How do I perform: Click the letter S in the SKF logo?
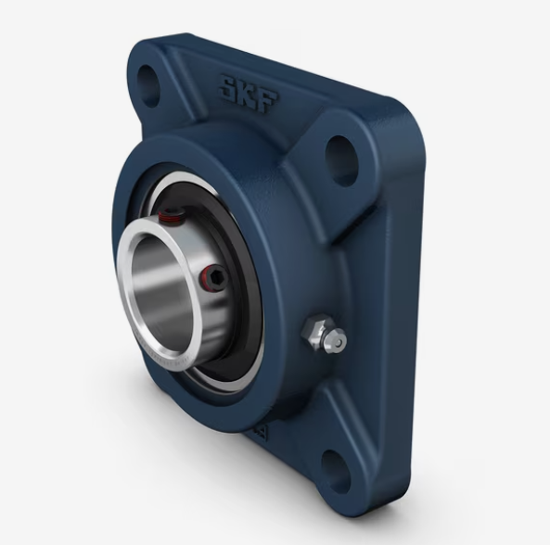pyautogui.click(x=229, y=86)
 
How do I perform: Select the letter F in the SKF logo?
pyautogui.click(x=269, y=102)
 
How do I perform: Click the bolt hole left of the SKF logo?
pyautogui.click(x=148, y=85)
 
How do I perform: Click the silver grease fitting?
pyautogui.click(x=324, y=334)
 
